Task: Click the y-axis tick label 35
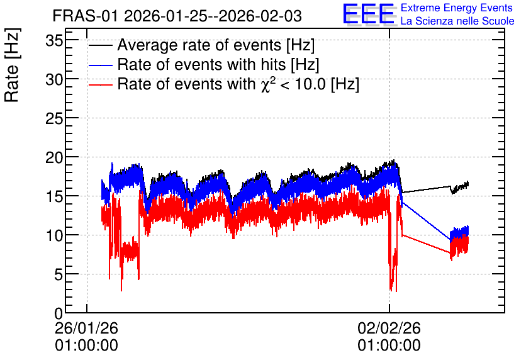(x=54, y=41)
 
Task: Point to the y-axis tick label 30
(x=54, y=80)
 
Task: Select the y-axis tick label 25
(x=54, y=119)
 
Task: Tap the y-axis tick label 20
(x=54, y=158)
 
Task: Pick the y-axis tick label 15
(x=54, y=197)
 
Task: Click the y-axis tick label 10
(x=54, y=236)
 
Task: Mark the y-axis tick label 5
(x=59, y=275)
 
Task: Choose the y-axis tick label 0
(x=59, y=314)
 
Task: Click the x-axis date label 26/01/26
(x=87, y=328)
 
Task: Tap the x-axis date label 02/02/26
(x=389, y=328)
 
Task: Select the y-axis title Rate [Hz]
(x=12, y=65)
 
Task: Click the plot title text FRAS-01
(x=85, y=16)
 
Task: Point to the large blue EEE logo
(x=369, y=14)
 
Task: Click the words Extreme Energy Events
(x=457, y=8)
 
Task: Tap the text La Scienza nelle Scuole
(x=457, y=21)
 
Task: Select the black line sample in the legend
(x=100, y=45)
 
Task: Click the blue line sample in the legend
(x=100, y=65)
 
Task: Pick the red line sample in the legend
(x=100, y=84)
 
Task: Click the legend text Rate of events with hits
(x=201, y=64)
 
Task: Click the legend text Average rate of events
(x=199, y=45)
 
